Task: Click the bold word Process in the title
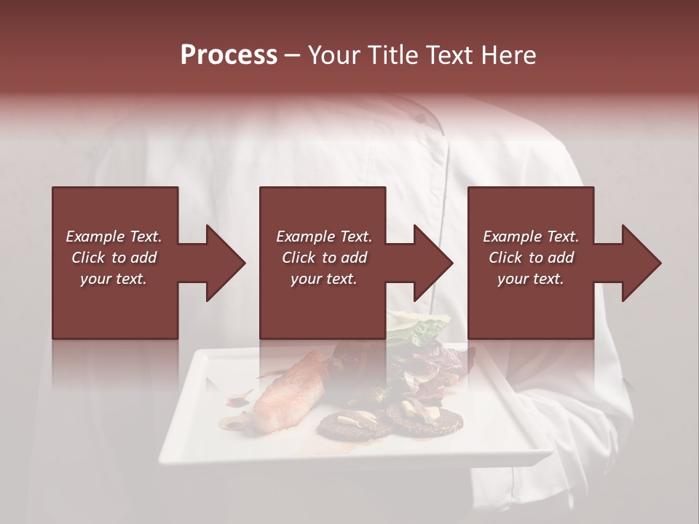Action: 229,55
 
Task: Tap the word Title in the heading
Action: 391,55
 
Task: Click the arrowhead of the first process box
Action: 226,263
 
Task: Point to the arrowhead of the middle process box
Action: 434,263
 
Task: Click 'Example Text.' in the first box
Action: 114,237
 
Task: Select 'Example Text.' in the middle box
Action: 323,237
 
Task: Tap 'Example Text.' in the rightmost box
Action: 531,237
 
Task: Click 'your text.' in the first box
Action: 114,279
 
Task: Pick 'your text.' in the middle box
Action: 323,279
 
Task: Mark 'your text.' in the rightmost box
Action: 531,279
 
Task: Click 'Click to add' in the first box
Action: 114,258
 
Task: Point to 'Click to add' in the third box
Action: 531,258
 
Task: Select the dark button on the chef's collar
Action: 421,118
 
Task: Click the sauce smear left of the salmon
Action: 239,399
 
